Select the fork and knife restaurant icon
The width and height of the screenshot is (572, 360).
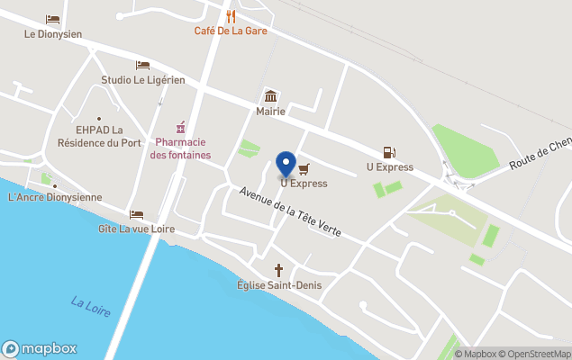click(x=232, y=15)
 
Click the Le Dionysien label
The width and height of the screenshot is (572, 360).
click(x=53, y=34)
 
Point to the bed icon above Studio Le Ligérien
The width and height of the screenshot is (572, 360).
click(x=142, y=65)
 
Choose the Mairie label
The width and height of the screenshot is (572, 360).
click(x=269, y=112)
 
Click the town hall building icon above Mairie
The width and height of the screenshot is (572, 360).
click(x=269, y=97)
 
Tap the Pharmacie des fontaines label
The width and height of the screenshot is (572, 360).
click(x=180, y=148)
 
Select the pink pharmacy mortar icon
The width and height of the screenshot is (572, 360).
click(x=180, y=127)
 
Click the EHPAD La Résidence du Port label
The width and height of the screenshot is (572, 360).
click(x=99, y=136)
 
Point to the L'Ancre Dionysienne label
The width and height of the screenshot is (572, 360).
click(x=55, y=197)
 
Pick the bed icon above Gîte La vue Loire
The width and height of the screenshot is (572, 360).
click(x=136, y=214)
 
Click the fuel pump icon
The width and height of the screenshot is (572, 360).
click(x=389, y=152)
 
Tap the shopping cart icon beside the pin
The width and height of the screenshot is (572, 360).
click(x=304, y=168)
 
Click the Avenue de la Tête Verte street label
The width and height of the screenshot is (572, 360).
click(x=290, y=211)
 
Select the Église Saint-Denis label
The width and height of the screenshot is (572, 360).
click(x=279, y=285)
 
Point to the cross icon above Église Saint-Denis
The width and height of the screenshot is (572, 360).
click(x=279, y=270)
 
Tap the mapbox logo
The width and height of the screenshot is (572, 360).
click(x=40, y=348)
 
